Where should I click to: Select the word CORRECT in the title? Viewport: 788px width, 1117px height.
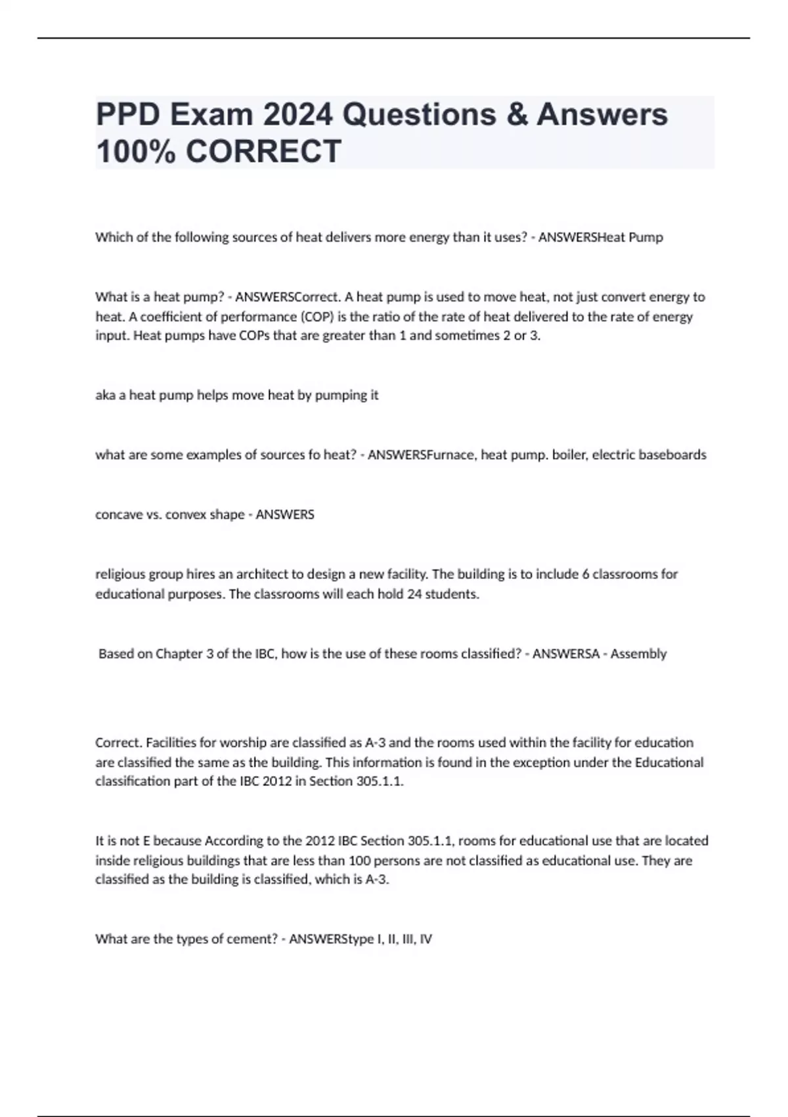point(263,151)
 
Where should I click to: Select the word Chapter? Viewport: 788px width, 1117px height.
point(179,654)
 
